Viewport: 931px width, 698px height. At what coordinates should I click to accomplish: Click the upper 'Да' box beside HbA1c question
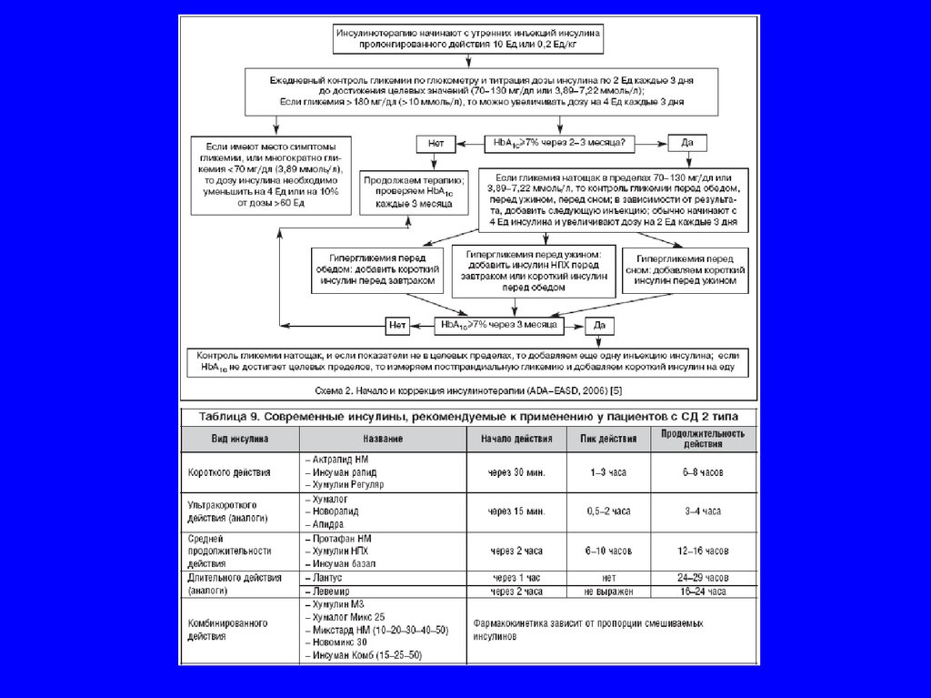687,143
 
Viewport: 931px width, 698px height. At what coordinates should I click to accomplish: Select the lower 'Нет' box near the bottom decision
397,324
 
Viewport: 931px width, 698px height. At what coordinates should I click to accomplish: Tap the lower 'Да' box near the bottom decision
598,324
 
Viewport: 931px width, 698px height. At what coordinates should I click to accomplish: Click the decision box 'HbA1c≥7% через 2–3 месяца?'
560,143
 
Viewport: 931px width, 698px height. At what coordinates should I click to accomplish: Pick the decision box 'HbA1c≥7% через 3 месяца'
498,324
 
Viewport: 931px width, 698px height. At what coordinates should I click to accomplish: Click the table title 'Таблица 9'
468,416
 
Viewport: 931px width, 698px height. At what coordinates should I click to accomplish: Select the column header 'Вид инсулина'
240,439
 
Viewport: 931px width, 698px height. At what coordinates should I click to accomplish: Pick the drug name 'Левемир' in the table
334,592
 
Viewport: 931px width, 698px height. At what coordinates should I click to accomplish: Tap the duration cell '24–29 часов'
704,577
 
